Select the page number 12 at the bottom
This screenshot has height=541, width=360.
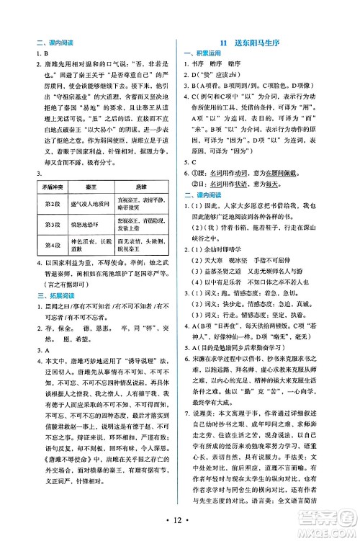pyautogui.click(x=181, y=520)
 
